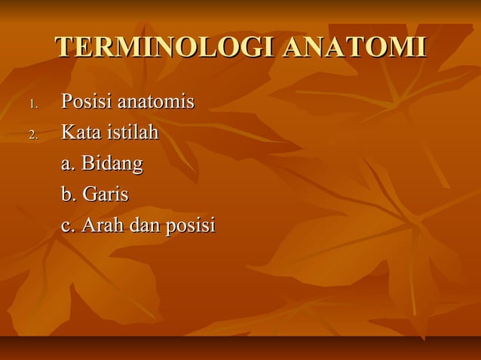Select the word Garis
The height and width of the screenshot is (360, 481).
(x=105, y=194)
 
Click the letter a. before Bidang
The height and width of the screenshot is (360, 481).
(x=69, y=164)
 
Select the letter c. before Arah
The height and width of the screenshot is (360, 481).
(x=69, y=226)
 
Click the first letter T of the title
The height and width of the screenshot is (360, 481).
(x=63, y=47)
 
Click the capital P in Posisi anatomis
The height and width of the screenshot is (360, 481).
(x=66, y=102)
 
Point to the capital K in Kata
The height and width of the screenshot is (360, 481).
(x=68, y=133)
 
